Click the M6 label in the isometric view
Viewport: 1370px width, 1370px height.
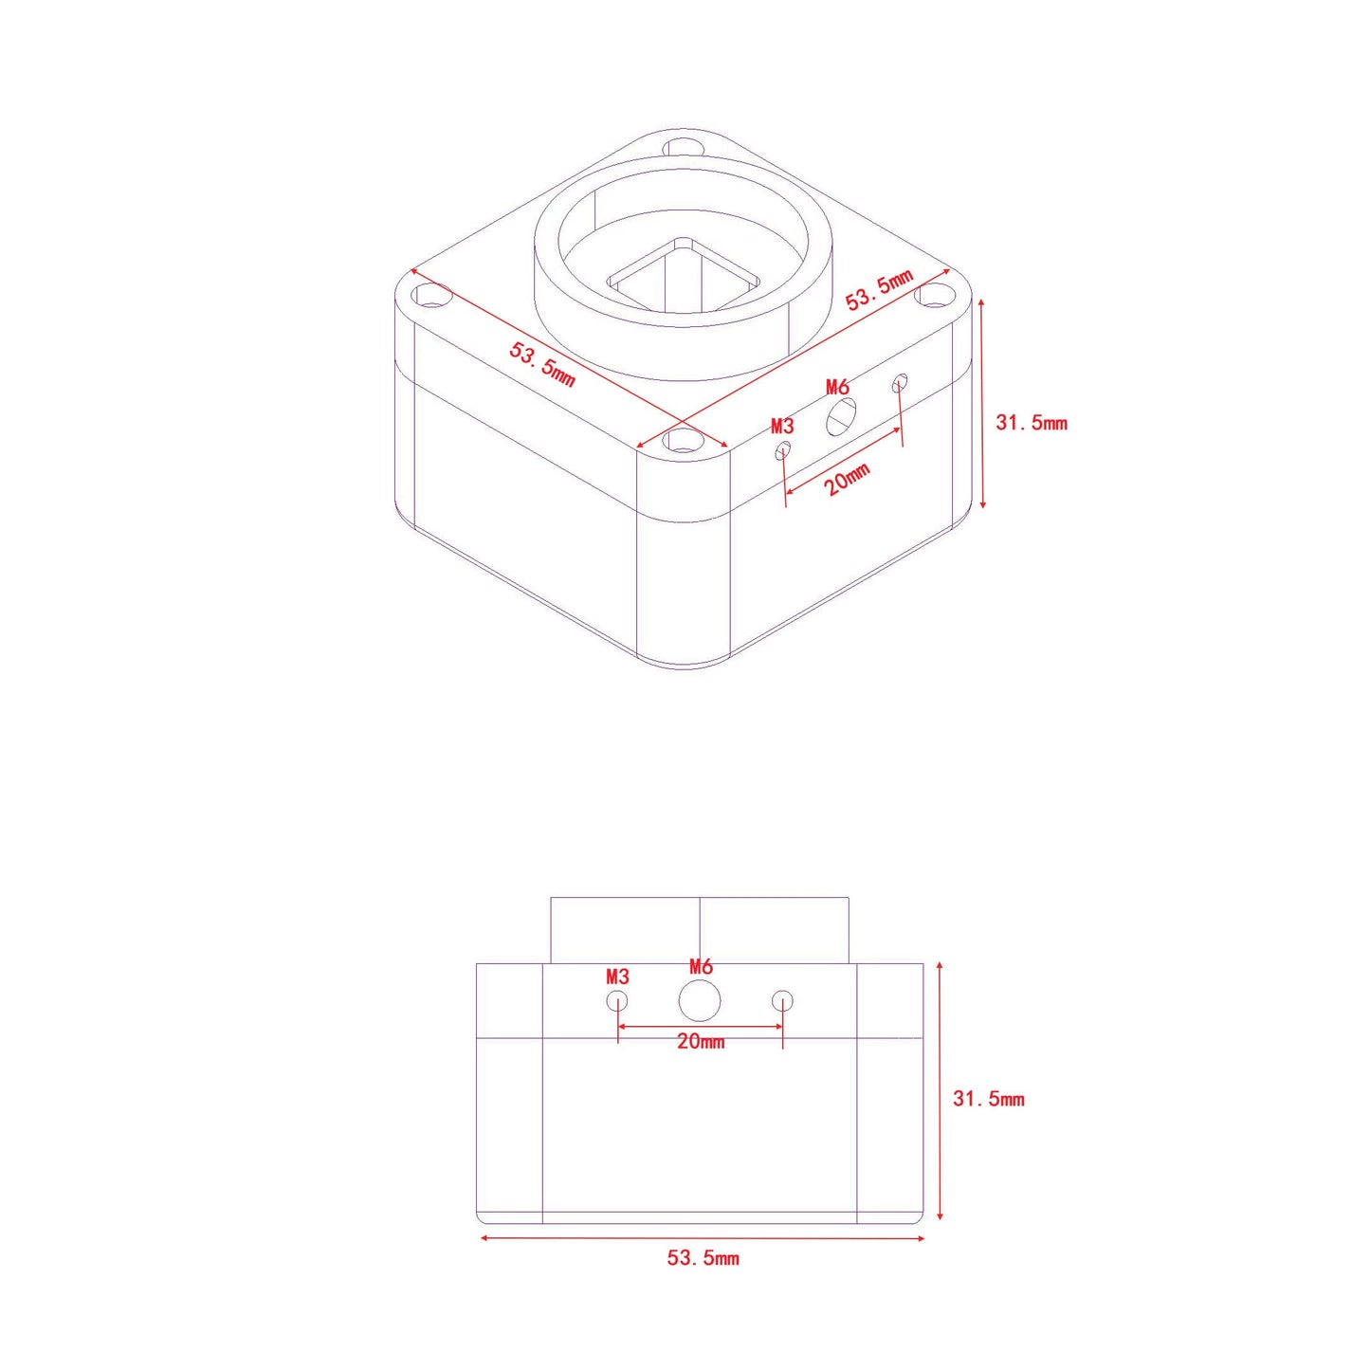[837, 388]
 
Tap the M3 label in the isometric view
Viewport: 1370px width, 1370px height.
[782, 426]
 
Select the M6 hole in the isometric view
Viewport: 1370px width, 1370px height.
[841, 416]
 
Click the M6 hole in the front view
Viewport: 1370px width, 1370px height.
[700, 1000]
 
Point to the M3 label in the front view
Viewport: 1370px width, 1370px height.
[618, 977]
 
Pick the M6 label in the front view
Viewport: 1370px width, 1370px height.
[701, 966]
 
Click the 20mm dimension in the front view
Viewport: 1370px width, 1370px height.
[701, 1042]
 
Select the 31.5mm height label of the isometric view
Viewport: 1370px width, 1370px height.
[1032, 423]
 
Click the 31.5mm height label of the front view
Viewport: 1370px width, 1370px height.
[989, 1099]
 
